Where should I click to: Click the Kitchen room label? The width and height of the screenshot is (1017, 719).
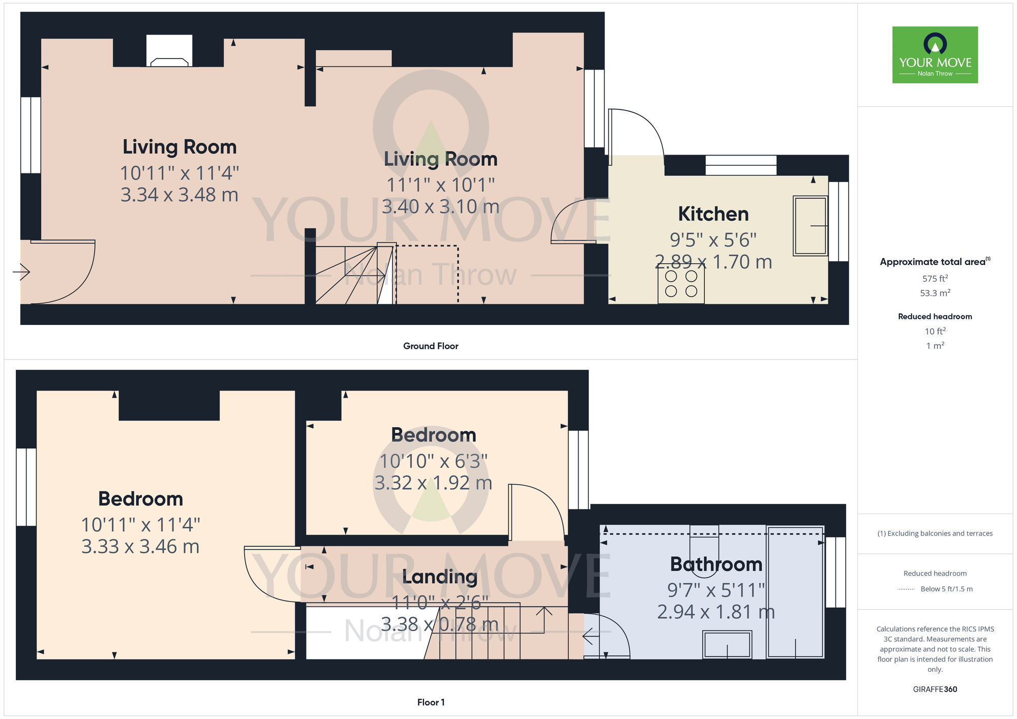[713, 214]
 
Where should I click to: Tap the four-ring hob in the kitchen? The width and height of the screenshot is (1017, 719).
[681, 284]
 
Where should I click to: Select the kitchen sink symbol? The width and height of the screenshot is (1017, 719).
[810, 226]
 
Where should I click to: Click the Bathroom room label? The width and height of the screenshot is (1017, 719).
[716, 564]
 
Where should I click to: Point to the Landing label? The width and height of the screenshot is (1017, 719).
[440, 577]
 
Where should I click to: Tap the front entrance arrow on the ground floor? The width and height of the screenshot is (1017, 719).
[21, 272]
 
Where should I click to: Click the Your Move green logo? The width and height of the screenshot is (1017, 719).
[935, 55]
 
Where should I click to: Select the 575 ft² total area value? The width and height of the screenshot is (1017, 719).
[935, 279]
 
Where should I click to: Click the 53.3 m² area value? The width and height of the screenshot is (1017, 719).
[935, 293]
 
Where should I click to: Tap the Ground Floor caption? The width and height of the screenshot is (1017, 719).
[431, 346]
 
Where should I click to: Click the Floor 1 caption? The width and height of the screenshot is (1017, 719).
[431, 702]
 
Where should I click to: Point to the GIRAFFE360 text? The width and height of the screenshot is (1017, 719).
[935, 690]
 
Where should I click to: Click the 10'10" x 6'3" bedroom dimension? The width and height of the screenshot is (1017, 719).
[433, 461]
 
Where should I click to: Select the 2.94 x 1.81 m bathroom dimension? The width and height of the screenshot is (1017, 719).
[715, 612]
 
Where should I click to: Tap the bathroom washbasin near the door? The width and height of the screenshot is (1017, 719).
[727, 645]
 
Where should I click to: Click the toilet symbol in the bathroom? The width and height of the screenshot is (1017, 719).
[704, 544]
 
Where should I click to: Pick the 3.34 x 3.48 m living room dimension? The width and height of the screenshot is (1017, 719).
[179, 195]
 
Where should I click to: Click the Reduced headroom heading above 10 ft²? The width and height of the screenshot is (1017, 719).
[935, 316]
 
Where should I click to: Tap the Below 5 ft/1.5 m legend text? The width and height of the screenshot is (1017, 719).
[946, 589]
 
